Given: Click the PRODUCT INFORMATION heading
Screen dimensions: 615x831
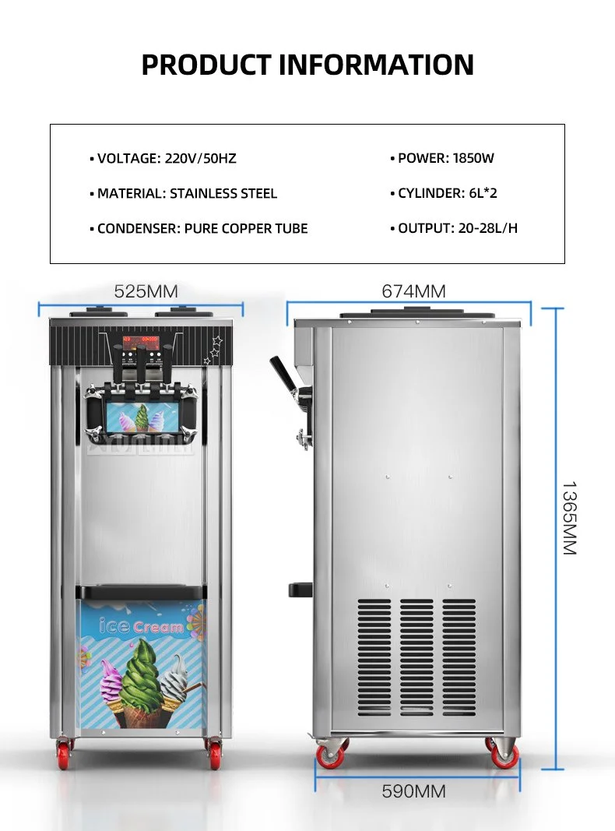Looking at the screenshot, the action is tap(307, 65).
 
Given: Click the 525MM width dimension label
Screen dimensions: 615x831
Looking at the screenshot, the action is tap(146, 292).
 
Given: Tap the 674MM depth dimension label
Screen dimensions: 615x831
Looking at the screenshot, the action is tap(413, 292).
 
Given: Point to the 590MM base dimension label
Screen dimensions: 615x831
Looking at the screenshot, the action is tap(413, 792).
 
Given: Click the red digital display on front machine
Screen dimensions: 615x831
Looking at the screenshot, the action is tap(140, 341).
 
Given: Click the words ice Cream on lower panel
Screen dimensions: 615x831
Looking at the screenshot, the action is tap(142, 625).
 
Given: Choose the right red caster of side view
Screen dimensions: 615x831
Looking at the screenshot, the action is tap(504, 754).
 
